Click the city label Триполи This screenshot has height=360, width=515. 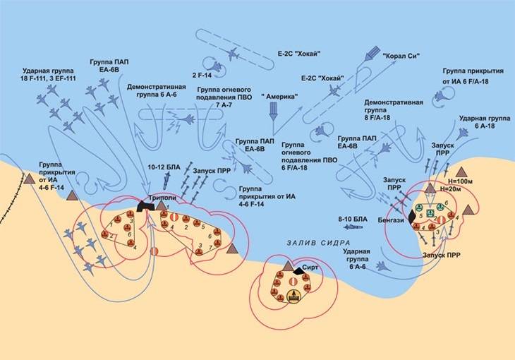162,198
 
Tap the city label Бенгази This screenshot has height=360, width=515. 392,220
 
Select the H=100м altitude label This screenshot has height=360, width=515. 454,181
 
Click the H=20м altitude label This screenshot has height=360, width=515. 452,190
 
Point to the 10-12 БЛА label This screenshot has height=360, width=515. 164,167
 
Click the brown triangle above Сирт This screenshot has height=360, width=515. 288,264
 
